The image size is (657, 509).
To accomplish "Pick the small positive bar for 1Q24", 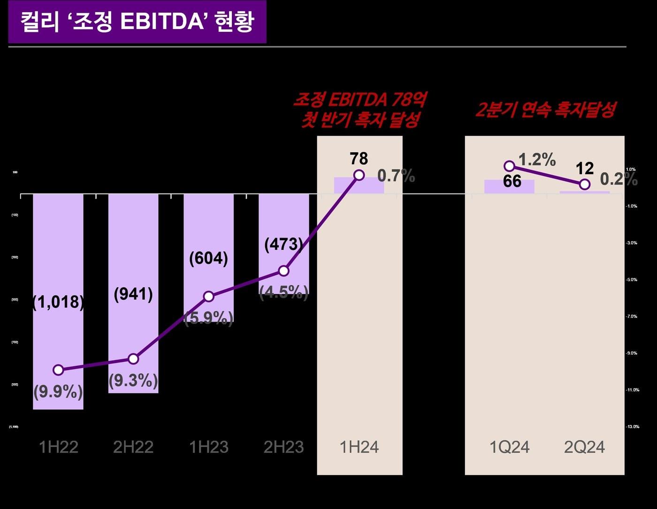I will click(x=509, y=186).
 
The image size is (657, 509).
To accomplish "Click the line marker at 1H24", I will click(x=359, y=175).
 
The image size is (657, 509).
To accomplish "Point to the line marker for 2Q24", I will click(x=584, y=184).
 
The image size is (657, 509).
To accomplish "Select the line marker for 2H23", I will click(x=283, y=271).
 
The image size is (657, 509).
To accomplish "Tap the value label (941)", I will click(x=133, y=294).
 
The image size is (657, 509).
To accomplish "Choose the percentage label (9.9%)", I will click(x=58, y=391).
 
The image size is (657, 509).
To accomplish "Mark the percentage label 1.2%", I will click(x=537, y=160).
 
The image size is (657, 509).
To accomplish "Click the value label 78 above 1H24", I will click(x=359, y=159).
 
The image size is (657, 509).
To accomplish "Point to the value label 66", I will click(x=512, y=181).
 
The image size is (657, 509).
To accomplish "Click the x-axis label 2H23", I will click(x=283, y=447).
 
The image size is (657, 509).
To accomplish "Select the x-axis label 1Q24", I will click(x=509, y=447).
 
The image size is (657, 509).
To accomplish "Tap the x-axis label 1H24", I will click(x=359, y=447).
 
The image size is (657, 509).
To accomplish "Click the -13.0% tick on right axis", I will click(x=633, y=426).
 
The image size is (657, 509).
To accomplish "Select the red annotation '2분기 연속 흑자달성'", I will click(x=545, y=110).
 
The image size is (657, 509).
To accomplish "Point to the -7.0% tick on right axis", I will click(x=632, y=316).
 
